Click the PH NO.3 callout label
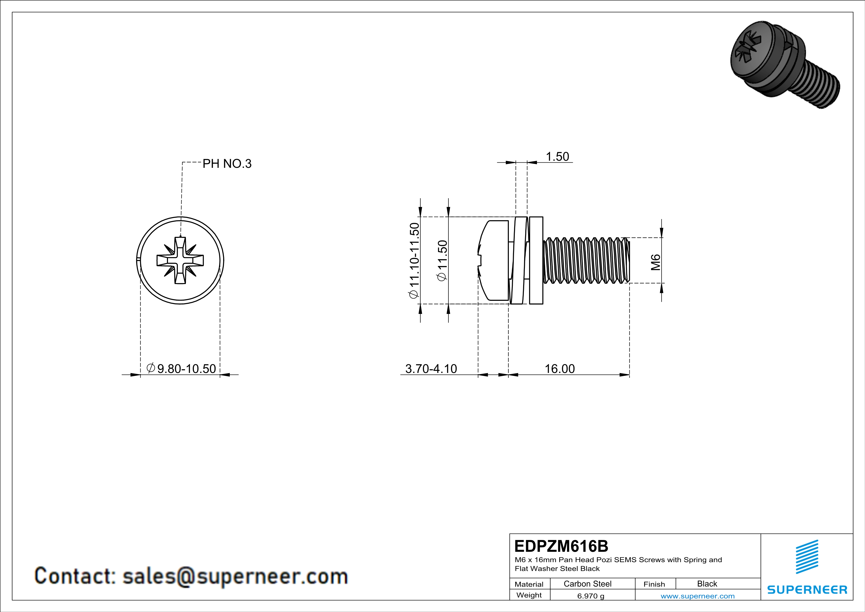227,164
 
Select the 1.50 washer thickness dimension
557,156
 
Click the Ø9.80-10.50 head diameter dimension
181,368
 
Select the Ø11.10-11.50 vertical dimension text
414,260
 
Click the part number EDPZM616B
561,546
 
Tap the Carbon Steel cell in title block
587,584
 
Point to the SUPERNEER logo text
807,590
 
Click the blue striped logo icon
807,557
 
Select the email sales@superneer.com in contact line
235,576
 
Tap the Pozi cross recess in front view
180,260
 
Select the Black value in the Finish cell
707,584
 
